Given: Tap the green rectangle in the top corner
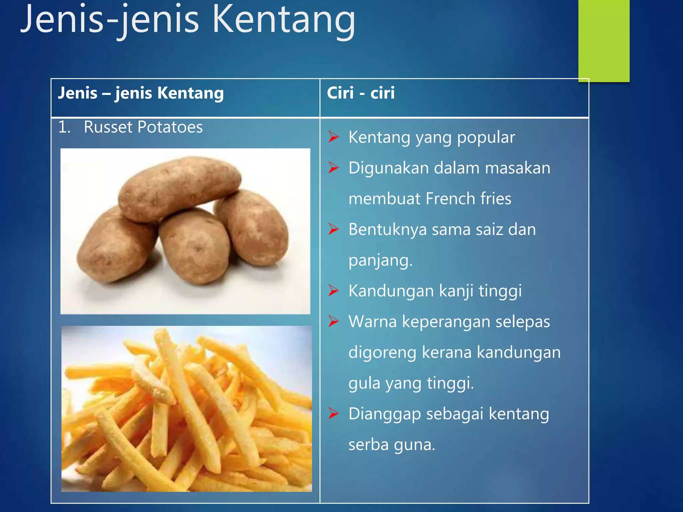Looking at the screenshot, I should point(604,40).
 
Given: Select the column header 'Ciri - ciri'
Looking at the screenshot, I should point(361,93).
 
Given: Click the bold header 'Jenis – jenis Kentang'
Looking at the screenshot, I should point(141,93).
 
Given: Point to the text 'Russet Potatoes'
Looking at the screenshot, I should point(143,127).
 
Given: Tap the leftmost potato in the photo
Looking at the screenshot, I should point(115,247).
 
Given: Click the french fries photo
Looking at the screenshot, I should point(186,409).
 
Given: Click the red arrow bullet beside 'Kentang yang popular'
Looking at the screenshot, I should point(333,137).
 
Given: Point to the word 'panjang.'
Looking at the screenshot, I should point(381,261).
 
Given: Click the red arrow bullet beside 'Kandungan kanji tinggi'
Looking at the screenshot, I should point(333,290).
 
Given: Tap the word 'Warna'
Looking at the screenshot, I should point(373,322).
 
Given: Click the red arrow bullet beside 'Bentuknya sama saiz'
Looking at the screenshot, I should point(333,229).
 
